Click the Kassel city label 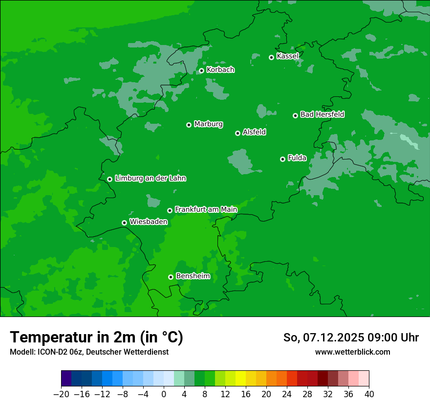(287, 56)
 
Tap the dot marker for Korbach (201, 71)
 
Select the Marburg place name (208, 124)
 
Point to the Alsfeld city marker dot (238, 133)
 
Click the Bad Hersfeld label (322, 114)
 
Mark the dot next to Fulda (283, 159)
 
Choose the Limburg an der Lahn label (150, 179)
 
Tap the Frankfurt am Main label (206, 209)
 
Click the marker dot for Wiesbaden (125, 223)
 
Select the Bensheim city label (193, 276)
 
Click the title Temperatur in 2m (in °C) (96, 338)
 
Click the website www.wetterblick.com (352, 352)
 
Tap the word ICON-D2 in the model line (52, 352)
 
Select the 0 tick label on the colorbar (164, 394)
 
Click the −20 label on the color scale (61, 394)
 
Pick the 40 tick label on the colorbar (369, 394)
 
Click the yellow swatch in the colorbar (240, 379)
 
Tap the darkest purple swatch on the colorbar (66, 379)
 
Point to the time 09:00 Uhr (396, 338)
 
